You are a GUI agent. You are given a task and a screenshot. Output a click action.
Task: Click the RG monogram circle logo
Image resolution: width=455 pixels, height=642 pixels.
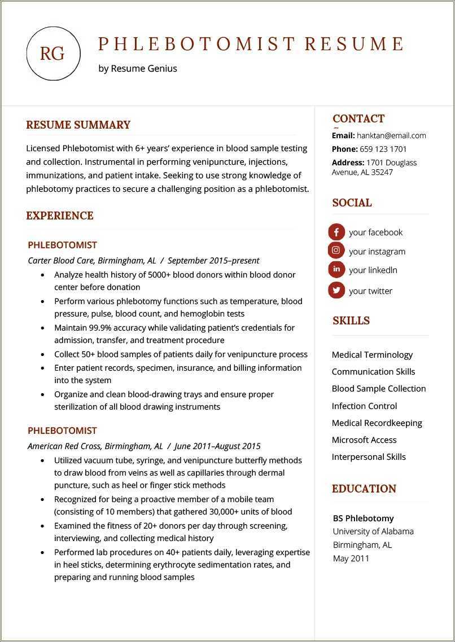click(53, 54)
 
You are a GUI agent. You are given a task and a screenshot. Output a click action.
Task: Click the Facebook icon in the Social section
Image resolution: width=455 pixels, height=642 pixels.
click(336, 232)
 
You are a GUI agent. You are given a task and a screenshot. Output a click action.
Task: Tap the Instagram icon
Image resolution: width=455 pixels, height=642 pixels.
click(336, 250)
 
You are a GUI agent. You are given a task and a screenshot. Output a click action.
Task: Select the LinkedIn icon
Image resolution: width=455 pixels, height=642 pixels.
click(336, 270)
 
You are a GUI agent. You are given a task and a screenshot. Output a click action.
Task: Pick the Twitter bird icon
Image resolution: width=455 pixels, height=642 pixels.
click(336, 291)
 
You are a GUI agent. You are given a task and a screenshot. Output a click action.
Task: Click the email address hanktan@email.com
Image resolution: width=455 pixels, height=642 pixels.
click(391, 135)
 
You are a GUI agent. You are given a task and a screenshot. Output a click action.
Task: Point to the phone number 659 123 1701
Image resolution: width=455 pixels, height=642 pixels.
click(383, 149)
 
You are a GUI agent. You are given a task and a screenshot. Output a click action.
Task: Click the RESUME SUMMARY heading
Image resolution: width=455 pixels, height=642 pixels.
click(78, 125)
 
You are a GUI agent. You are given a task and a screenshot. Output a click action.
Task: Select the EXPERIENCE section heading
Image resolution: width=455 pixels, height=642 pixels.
click(60, 216)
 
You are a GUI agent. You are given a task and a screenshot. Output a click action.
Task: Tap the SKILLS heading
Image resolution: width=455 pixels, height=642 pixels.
click(351, 320)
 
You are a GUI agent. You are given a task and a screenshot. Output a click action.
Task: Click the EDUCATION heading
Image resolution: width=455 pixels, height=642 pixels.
click(364, 489)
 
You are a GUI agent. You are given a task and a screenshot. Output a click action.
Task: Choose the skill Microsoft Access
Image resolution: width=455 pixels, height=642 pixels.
click(364, 440)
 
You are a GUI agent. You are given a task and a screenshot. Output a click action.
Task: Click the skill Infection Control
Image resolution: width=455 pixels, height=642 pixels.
click(364, 406)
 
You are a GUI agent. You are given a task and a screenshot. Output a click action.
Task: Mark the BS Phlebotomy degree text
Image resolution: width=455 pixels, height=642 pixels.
click(363, 518)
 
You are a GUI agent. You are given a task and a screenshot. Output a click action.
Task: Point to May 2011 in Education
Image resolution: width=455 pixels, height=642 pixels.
click(351, 559)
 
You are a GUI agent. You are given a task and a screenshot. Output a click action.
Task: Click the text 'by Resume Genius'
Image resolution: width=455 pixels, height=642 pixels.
click(137, 68)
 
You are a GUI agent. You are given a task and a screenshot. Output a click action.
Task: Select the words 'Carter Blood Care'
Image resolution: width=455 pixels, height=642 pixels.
click(61, 261)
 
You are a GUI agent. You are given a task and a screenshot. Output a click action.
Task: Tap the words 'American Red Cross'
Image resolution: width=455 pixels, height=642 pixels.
click(64, 446)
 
